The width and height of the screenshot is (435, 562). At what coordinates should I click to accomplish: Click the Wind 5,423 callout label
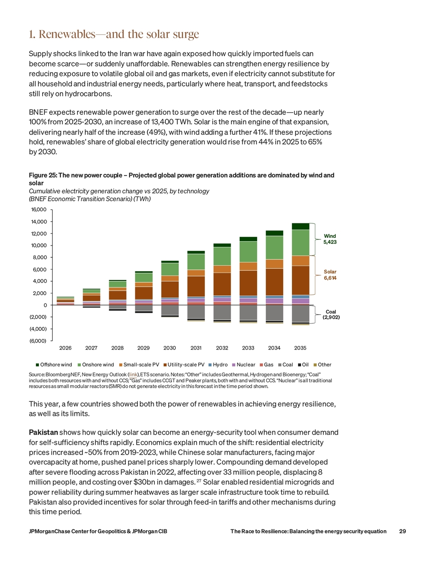330,239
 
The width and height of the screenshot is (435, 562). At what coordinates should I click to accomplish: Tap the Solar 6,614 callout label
330,275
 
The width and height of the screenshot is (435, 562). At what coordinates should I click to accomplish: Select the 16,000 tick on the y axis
39,210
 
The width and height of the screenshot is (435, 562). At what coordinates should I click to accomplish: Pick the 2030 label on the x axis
170,348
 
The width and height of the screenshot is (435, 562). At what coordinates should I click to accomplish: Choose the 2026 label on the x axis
65,348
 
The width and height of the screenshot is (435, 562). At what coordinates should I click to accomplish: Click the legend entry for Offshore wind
54,365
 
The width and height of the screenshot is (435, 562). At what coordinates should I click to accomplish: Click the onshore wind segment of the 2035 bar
301,243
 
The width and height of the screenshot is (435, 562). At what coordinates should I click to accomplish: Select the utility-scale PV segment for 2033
248,283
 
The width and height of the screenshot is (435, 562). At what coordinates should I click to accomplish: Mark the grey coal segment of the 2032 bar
222,313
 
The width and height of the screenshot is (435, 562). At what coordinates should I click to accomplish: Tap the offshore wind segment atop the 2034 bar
274,233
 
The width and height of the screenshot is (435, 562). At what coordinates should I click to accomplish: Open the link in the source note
133,375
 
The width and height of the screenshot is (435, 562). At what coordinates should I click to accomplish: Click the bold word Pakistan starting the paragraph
43,432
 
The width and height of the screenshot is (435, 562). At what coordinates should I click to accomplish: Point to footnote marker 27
199,481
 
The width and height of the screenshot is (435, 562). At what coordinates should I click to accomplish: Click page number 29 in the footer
402,531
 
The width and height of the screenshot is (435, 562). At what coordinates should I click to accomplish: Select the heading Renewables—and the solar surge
114,34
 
